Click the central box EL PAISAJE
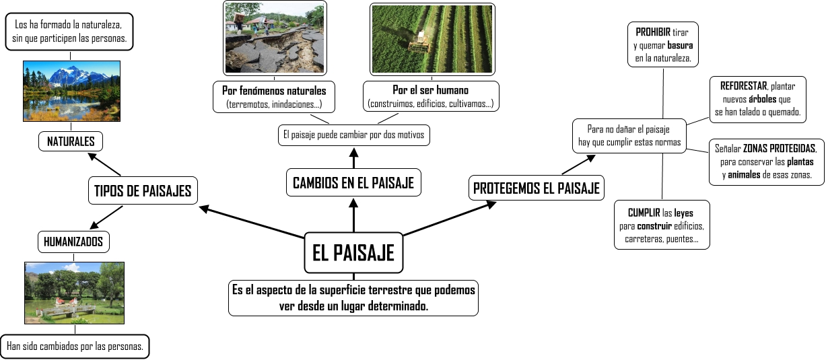click(353, 253)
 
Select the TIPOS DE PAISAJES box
click(141, 191)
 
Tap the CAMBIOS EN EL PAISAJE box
click(353, 182)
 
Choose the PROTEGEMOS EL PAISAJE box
click(536, 188)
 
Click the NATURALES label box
click(71, 141)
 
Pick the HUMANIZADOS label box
click(73, 241)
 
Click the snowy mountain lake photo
click(71, 91)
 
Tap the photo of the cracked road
click(274, 38)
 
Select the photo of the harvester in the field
click(432, 38)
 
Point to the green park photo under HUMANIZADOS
click(74, 293)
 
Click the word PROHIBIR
click(652, 32)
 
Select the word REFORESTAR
click(743, 86)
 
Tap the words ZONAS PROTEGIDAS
click(780, 148)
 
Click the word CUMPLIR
click(644, 213)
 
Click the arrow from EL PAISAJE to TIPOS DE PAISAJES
click(252, 223)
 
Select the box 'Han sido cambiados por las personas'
click(74, 347)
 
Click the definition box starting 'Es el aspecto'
click(353, 297)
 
